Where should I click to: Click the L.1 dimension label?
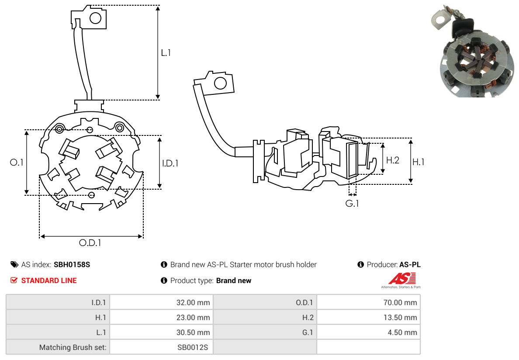[x=166, y=53]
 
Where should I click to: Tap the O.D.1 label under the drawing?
[x=90, y=243]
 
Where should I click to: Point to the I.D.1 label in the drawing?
[x=170, y=163]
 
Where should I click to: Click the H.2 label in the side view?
[x=393, y=160]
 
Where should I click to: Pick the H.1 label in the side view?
[x=419, y=162]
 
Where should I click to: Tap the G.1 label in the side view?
[x=352, y=203]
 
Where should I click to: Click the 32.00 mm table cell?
[x=193, y=302]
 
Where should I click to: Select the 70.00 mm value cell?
[x=400, y=302]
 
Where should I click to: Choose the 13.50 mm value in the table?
[x=400, y=318]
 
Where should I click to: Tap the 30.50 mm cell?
[x=193, y=332]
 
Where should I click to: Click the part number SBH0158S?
[x=72, y=264]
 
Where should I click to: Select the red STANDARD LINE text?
[x=49, y=280]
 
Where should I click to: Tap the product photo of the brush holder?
[x=474, y=52]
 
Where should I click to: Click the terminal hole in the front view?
[x=95, y=18]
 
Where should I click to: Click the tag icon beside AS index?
[x=14, y=264]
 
